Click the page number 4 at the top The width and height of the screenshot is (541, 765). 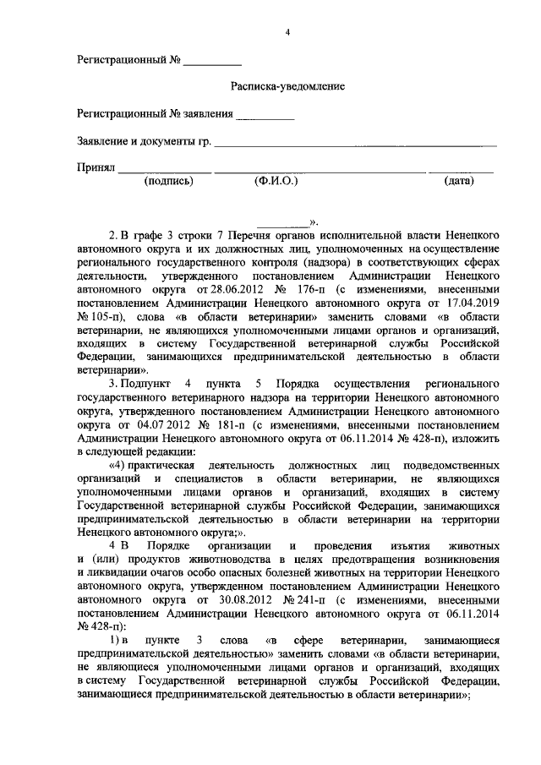coord(287,32)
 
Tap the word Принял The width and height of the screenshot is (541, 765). coord(96,167)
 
